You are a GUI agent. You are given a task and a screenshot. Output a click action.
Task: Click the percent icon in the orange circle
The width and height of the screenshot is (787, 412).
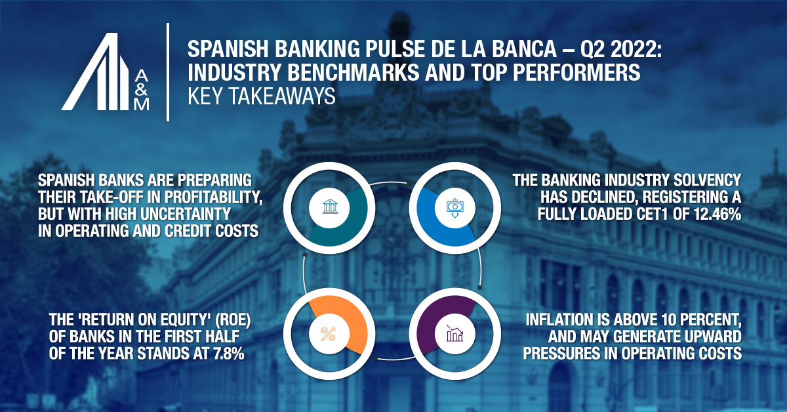coord(327,334)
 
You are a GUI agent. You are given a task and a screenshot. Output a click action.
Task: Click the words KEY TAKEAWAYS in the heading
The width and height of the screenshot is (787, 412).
coord(261,96)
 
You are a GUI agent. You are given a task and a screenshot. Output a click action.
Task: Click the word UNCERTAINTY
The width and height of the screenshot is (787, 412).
coord(202,214)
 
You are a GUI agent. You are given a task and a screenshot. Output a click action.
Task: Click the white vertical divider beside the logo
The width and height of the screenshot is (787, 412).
coord(169,72)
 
